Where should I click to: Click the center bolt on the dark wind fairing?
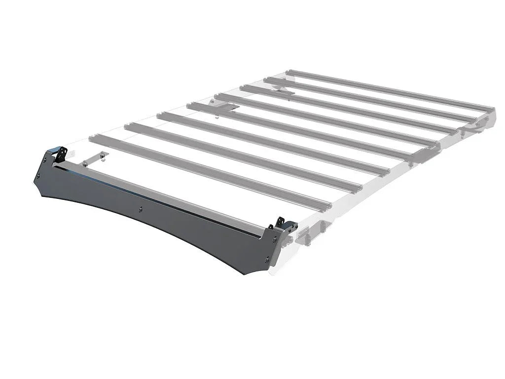coord(141,209)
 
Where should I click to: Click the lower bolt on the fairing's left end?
coord(38,175)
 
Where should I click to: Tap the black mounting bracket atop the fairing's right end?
coord(283,225)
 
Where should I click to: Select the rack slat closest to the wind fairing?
coord(207,173)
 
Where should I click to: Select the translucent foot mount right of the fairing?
coord(308,234)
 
